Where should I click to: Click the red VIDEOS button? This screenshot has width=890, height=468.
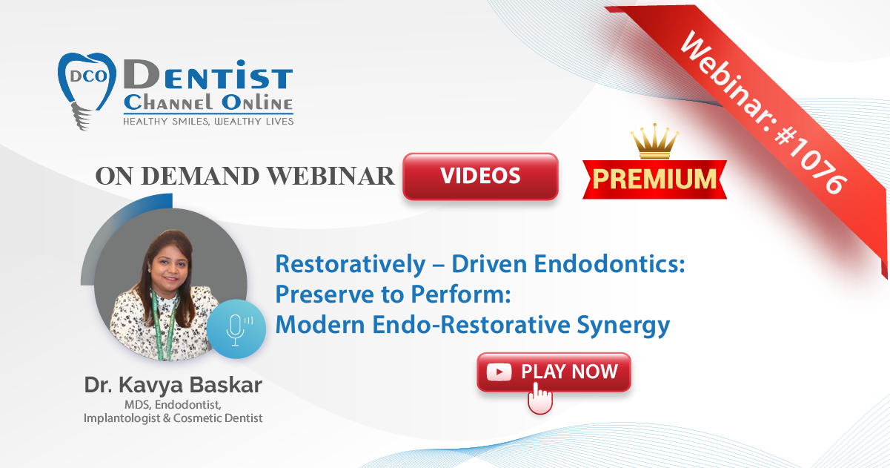point(480,176)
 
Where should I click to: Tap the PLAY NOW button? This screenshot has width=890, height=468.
point(554,372)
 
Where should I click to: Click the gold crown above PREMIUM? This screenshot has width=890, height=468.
point(655,141)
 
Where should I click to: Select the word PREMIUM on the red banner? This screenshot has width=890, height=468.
point(655,179)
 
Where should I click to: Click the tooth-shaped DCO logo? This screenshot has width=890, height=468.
point(87,90)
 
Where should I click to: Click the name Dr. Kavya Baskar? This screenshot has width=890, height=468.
point(173,385)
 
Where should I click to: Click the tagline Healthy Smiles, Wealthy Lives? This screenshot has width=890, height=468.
point(208,122)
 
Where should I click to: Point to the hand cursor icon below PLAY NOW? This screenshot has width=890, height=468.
point(539,398)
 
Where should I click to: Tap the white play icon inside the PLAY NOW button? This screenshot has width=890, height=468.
point(499,372)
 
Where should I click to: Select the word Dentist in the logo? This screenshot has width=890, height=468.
point(208,74)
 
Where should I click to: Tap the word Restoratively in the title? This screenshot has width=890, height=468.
point(351,265)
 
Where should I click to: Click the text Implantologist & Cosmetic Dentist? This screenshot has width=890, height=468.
point(173,418)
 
